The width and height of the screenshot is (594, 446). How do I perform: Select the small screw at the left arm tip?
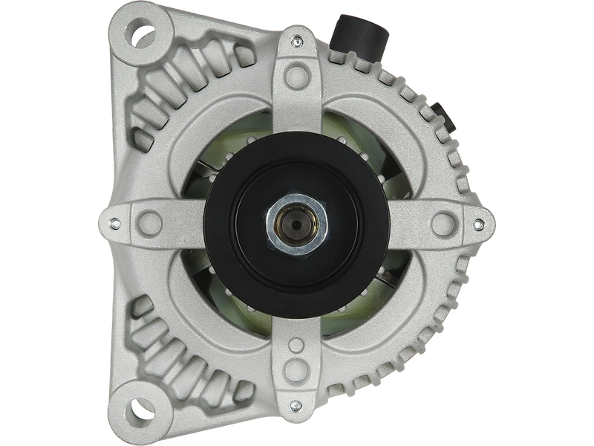pyautogui.click(x=114, y=221)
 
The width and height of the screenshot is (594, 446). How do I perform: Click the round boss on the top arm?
pyautogui.click(x=296, y=72)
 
